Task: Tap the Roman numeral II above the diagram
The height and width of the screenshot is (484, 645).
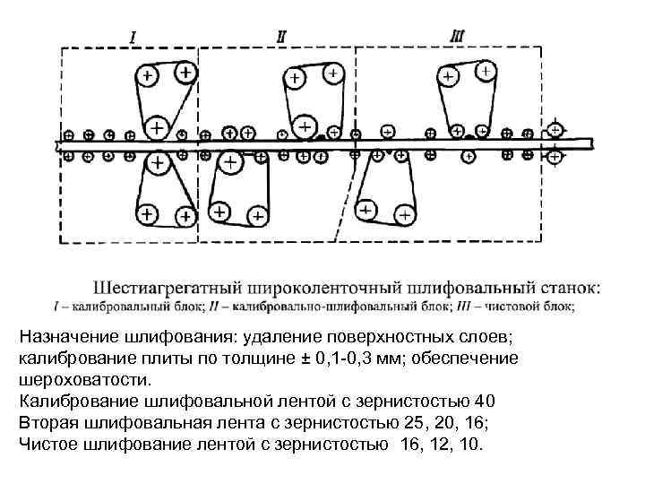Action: (x=281, y=37)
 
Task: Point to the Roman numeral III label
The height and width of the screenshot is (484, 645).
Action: (x=457, y=36)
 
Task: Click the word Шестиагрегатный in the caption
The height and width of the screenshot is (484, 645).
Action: (x=162, y=289)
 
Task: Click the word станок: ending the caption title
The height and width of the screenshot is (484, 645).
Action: (x=571, y=289)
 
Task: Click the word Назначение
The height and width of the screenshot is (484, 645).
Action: (x=67, y=337)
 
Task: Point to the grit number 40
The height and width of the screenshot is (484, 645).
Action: (x=483, y=402)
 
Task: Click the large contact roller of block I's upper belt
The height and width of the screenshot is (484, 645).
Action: (x=157, y=128)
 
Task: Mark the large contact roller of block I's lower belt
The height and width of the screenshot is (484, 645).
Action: (x=158, y=163)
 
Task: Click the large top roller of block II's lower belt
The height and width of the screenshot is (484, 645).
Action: (x=231, y=163)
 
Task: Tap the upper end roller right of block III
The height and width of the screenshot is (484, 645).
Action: (x=555, y=130)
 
